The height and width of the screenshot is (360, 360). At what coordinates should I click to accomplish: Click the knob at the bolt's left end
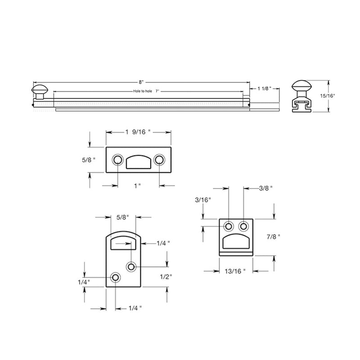tap(40, 89)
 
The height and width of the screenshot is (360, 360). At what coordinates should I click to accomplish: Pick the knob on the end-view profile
tap(302, 86)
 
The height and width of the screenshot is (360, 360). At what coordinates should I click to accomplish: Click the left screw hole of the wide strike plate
tap(117, 160)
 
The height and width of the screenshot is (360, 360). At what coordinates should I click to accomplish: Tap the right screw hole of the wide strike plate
tap(159, 160)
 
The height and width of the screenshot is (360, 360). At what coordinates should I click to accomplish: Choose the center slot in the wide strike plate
tap(138, 161)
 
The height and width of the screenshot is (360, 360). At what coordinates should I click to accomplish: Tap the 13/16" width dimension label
tap(235, 271)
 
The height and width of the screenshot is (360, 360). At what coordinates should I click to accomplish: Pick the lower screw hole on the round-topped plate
tap(116, 278)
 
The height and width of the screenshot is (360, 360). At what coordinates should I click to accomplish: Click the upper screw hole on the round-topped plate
tap(131, 267)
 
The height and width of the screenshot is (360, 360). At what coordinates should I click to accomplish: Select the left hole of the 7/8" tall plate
tap(229, 226)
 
